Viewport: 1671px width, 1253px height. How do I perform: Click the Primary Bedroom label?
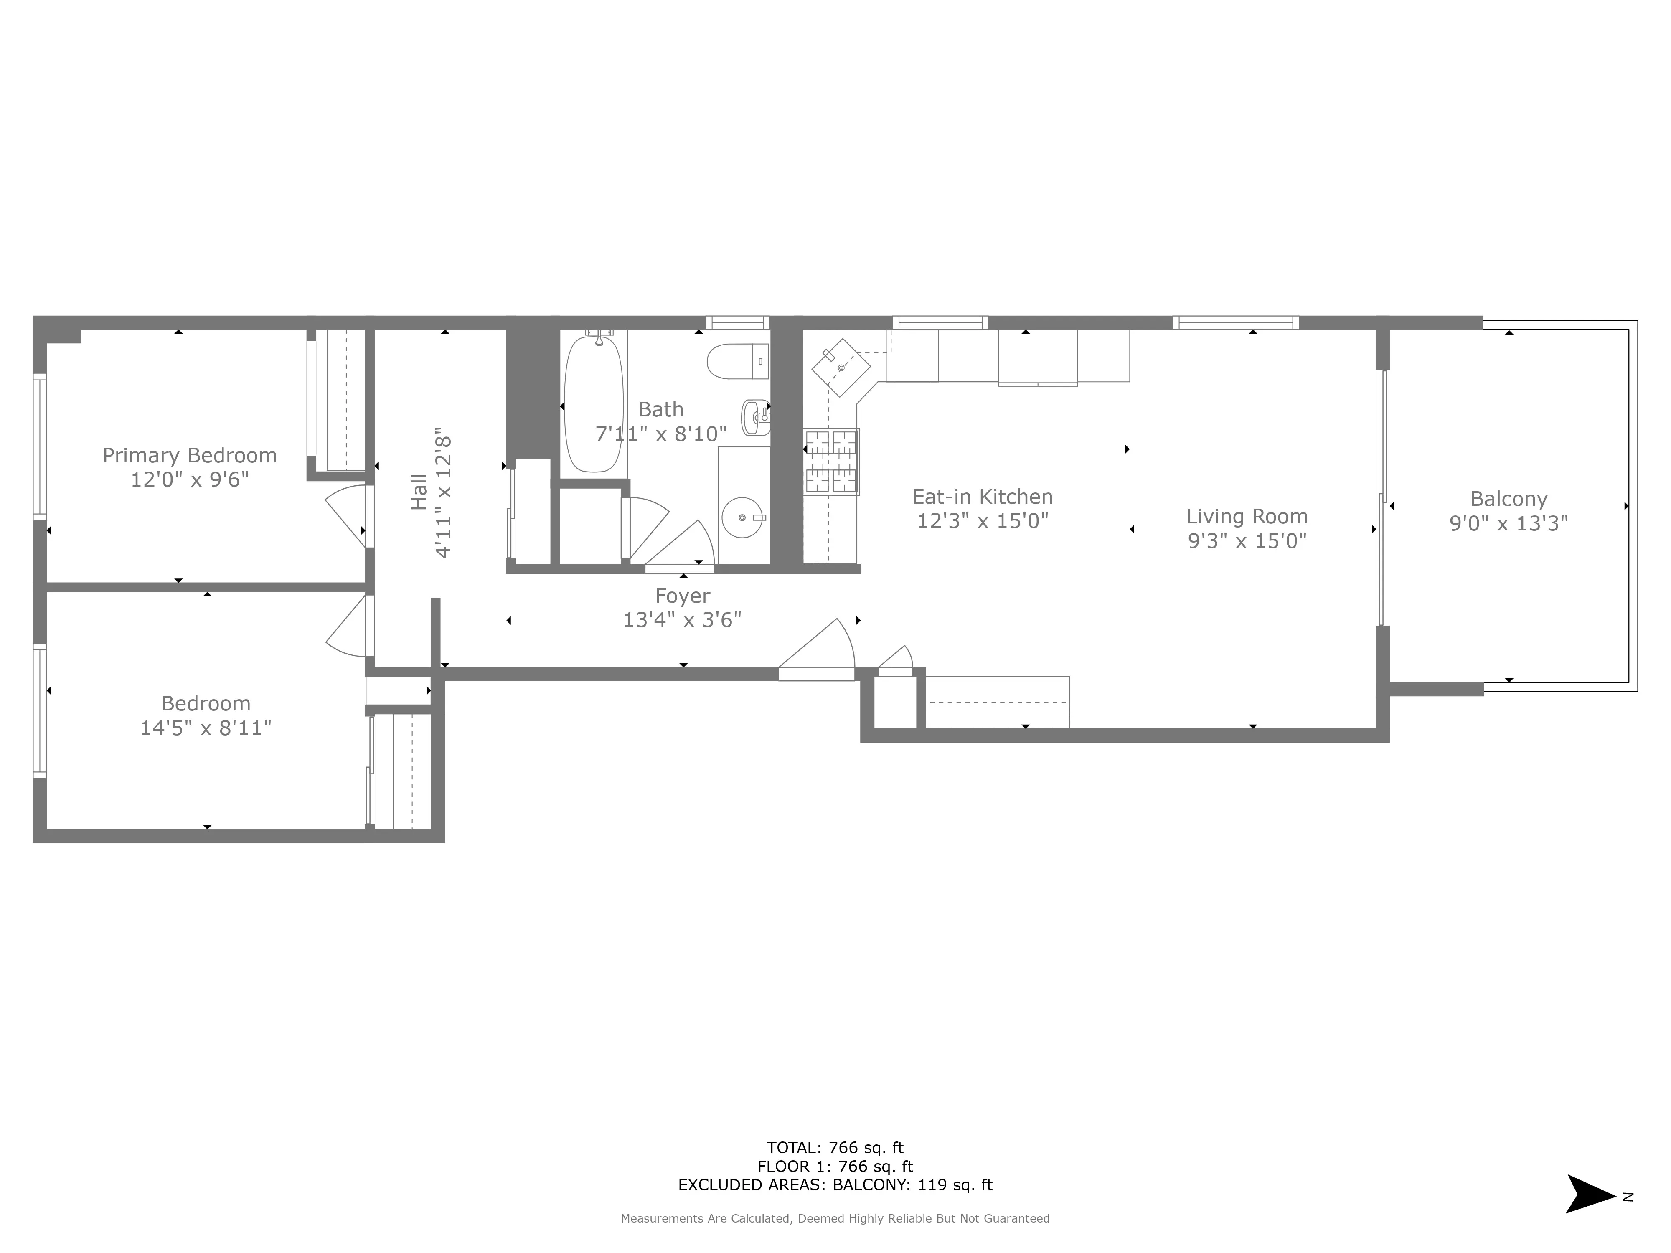[x=190, y=455]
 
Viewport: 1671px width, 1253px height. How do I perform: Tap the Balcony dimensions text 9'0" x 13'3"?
[x=1508, y=523]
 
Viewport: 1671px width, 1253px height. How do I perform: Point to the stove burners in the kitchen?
[x=831, y=461]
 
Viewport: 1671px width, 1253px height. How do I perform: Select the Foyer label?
[x=682, y=596]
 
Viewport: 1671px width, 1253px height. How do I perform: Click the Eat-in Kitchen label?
[x=982, y=497]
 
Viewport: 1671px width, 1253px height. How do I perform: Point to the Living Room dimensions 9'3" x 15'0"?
[x=1247, y=541]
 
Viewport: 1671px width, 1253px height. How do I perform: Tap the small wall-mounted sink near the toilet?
[x=755, y=417]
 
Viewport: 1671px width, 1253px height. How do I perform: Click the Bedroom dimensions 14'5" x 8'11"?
[x=206, y=728]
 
